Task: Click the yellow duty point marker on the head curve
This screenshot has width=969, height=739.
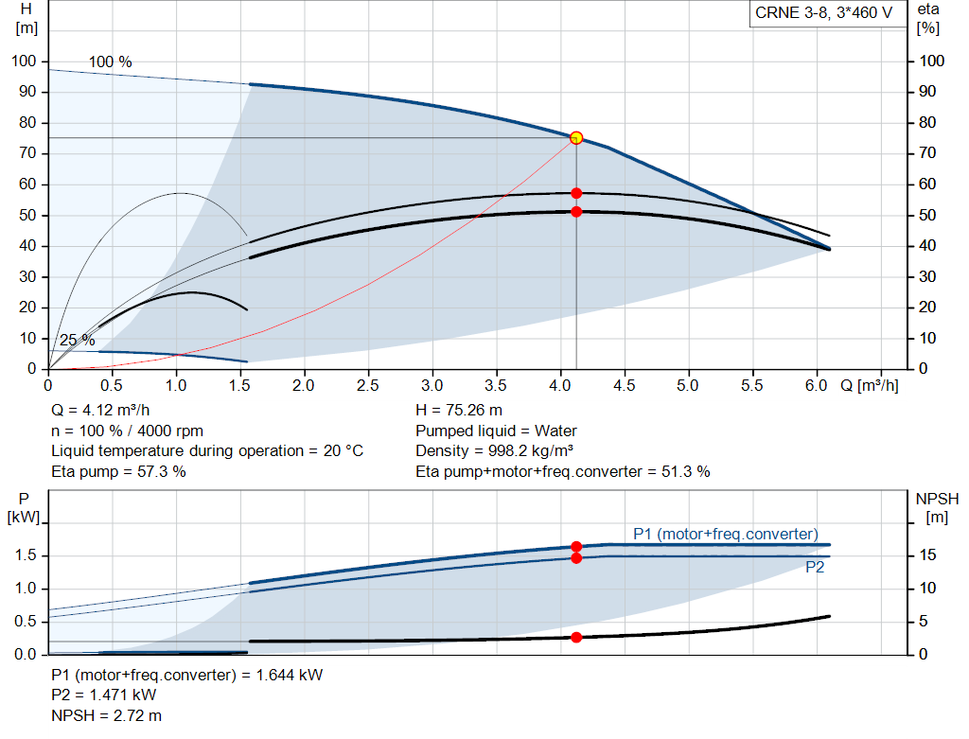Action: point(575,138)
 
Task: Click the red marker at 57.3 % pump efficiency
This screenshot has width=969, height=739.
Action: point(575,193)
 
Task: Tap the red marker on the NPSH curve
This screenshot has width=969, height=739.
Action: point(575,637)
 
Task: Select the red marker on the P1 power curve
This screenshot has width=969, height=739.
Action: point(575,547)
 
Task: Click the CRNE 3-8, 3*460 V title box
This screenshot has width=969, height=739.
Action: point(823,13)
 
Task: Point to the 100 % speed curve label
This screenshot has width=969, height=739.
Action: point(111,62)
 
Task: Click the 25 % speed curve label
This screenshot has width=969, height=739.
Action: point(78,341)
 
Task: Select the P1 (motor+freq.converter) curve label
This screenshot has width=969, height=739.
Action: point(725,533)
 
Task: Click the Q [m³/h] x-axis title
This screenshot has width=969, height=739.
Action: point(868,386)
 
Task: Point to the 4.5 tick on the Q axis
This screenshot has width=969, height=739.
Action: point(625,386)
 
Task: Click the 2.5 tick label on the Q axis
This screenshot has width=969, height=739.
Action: point(368,386)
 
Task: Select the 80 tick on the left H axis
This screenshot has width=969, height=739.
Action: point(26,123)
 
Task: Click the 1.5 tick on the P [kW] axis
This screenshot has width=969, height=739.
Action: point(26,555)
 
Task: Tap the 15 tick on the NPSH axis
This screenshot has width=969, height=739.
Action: point(928,555)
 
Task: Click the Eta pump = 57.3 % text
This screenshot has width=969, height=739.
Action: point(118,470)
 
